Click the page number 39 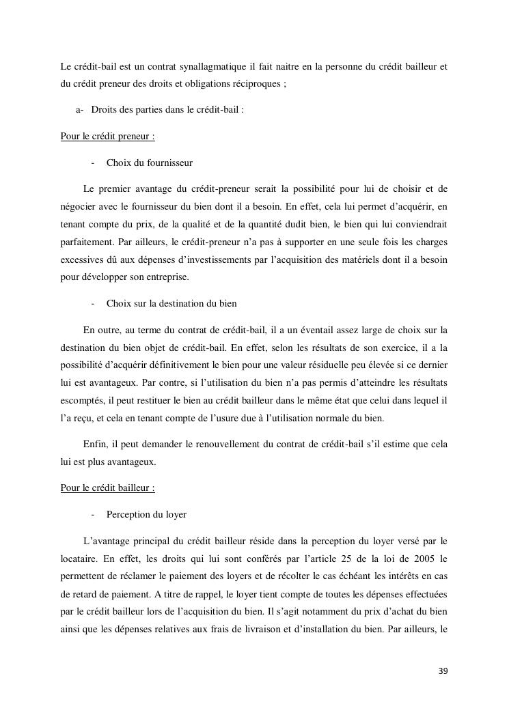(443, 671)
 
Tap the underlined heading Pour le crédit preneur (107, 136)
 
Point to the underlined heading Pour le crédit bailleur (107, 488)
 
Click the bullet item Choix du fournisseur (149, 163)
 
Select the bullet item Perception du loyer (146, 514)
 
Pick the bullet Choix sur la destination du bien (171, 302)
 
